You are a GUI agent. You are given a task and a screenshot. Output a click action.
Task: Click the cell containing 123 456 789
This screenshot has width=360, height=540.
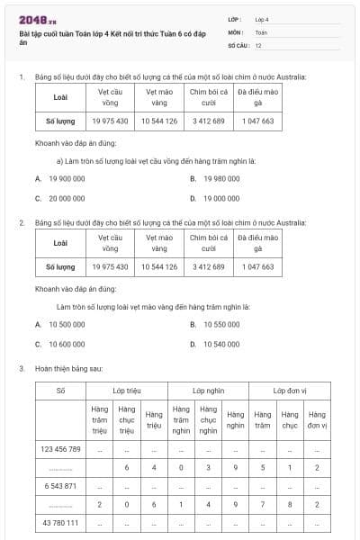tap(60, 448)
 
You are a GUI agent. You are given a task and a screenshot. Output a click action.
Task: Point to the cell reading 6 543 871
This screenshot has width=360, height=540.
tap(60, 485)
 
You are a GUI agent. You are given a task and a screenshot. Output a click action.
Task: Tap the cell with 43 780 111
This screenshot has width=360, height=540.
tap(60, 523)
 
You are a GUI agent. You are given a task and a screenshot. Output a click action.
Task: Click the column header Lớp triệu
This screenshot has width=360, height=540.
tap(127, 391)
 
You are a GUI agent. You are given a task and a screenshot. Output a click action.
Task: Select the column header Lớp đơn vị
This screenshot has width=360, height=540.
tap(289, 391)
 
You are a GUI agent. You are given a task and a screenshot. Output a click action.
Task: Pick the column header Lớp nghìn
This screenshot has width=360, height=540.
tap(208, 391)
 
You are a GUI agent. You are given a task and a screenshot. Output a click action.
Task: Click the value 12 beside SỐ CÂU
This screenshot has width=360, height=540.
tap(259, 44)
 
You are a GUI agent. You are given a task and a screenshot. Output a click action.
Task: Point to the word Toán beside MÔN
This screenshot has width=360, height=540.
tap(261, 31)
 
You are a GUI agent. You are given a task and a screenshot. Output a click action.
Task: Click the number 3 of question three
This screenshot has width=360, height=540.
tap(21, 368)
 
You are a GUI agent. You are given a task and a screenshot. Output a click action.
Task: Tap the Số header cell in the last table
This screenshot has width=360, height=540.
tap(60, 391)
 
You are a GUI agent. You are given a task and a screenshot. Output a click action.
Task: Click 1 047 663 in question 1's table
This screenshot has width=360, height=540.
tap(256, 120)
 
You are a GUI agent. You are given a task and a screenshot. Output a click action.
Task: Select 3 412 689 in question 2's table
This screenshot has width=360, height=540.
tap(208, 266)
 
